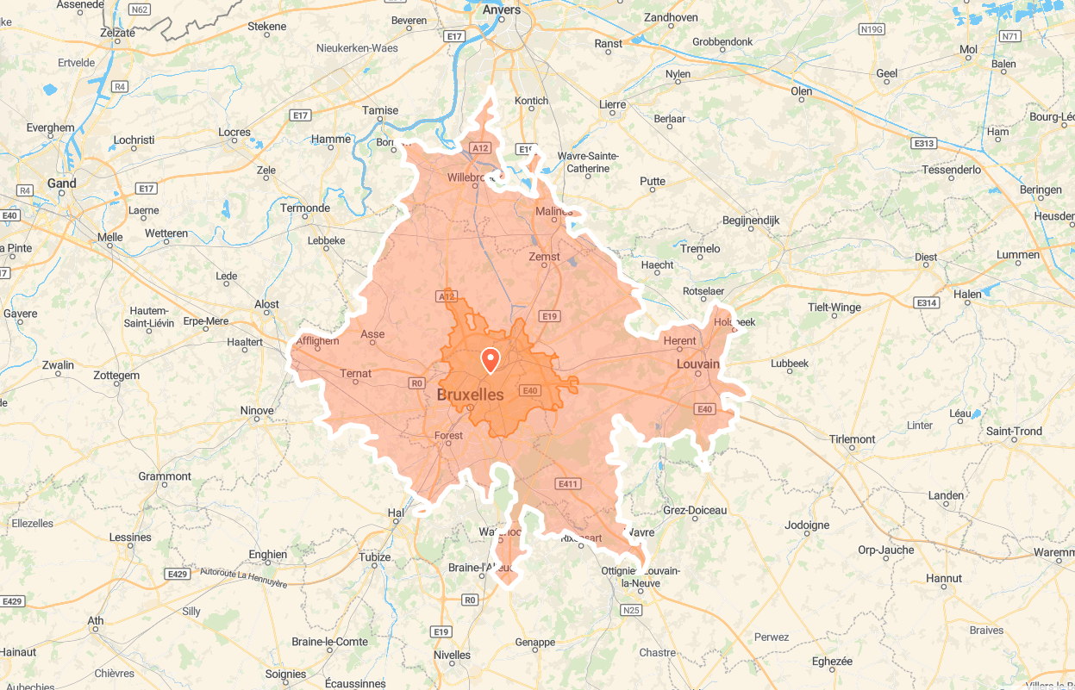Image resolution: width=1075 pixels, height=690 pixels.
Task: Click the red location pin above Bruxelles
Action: pyautogui.click(x=490, y=359)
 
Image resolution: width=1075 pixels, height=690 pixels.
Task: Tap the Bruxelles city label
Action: pyautogui.click(x=470, y=395)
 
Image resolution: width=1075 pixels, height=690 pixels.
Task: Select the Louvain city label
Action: pyautogui.click(x=697, y=364)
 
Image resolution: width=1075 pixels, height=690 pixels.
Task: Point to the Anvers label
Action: pyautogui.click(x=502, y=10)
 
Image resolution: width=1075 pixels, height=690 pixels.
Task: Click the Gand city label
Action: pyautogui.click(x=61, y=183)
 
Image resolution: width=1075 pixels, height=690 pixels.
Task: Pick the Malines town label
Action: pyautogui.click(x=553, y=212)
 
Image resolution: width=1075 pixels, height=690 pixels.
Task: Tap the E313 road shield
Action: pyautogui.click(x=925, y=144)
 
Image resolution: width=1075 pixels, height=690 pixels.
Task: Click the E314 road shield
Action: pyautogui.click(x=927, y=303)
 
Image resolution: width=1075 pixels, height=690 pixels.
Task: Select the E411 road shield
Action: pyautogui.click(x=567, y=484)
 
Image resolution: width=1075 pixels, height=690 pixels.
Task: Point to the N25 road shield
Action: pyautogui.click(x=631, y=611)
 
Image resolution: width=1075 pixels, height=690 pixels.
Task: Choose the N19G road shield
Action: pyautogui.click(x=872, y=29)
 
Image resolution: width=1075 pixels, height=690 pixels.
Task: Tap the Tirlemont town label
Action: pyautogui.click(x=852, y=439)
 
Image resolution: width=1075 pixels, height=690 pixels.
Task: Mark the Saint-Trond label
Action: pyautogui.click(x=1014, y=432)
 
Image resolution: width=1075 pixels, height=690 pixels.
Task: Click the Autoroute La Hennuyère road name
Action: pyautogui.click(x=243, y=577)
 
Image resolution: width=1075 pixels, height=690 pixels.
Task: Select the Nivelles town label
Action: pyautogui.click(x=453, y=655)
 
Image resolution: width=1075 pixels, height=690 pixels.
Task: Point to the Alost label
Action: pyautogui.click(x=266, y=304)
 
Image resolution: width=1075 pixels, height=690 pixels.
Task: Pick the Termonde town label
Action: pyautogui.click(x=305, y=208)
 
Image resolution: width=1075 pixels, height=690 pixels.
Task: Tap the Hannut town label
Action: pyautogui.click(x=943, y=578)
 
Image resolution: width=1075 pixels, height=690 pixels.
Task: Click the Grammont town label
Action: pyautogui.click(x=165, y=476)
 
